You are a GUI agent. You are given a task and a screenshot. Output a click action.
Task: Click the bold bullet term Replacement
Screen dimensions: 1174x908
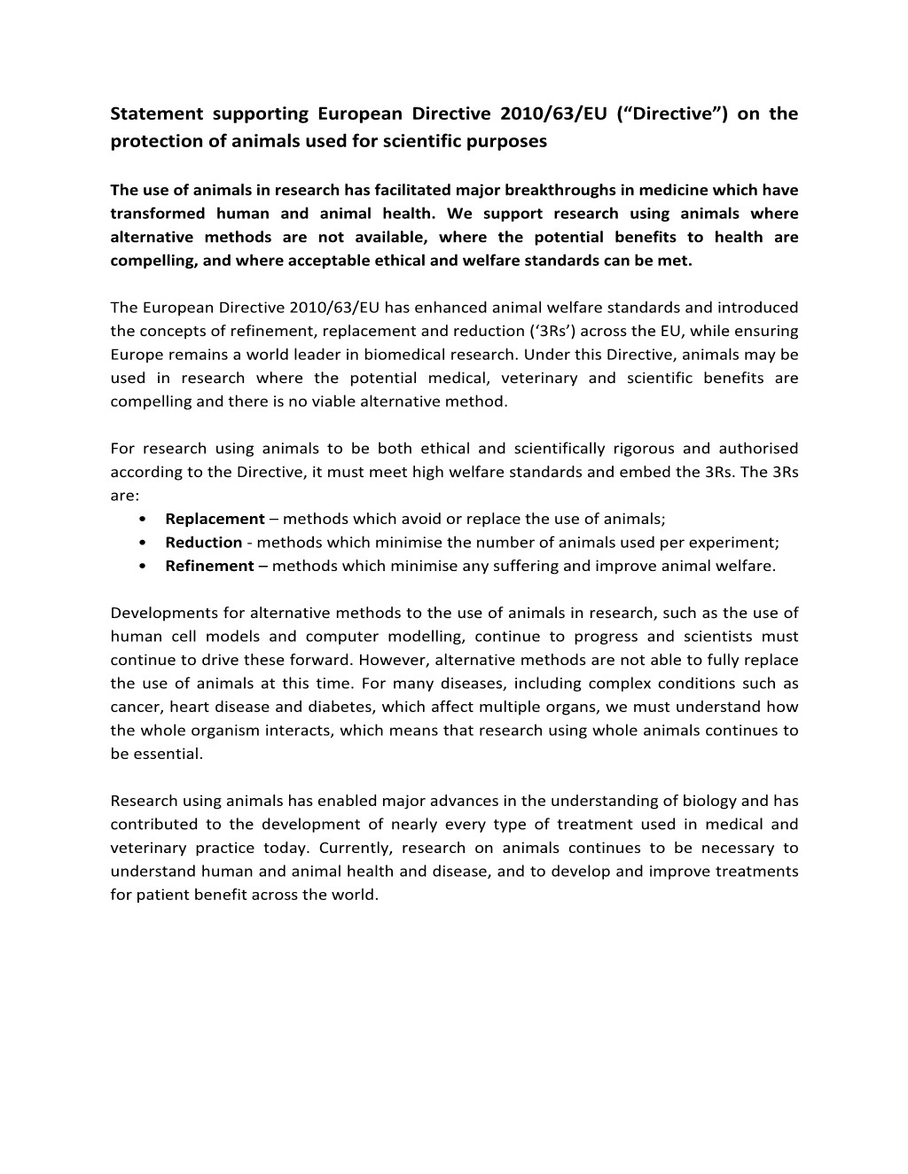point(215,519)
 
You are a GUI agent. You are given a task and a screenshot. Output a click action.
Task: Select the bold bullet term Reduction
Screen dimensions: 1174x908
point(203,543)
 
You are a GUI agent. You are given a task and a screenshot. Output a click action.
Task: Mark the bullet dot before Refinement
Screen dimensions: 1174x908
point(144,567)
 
